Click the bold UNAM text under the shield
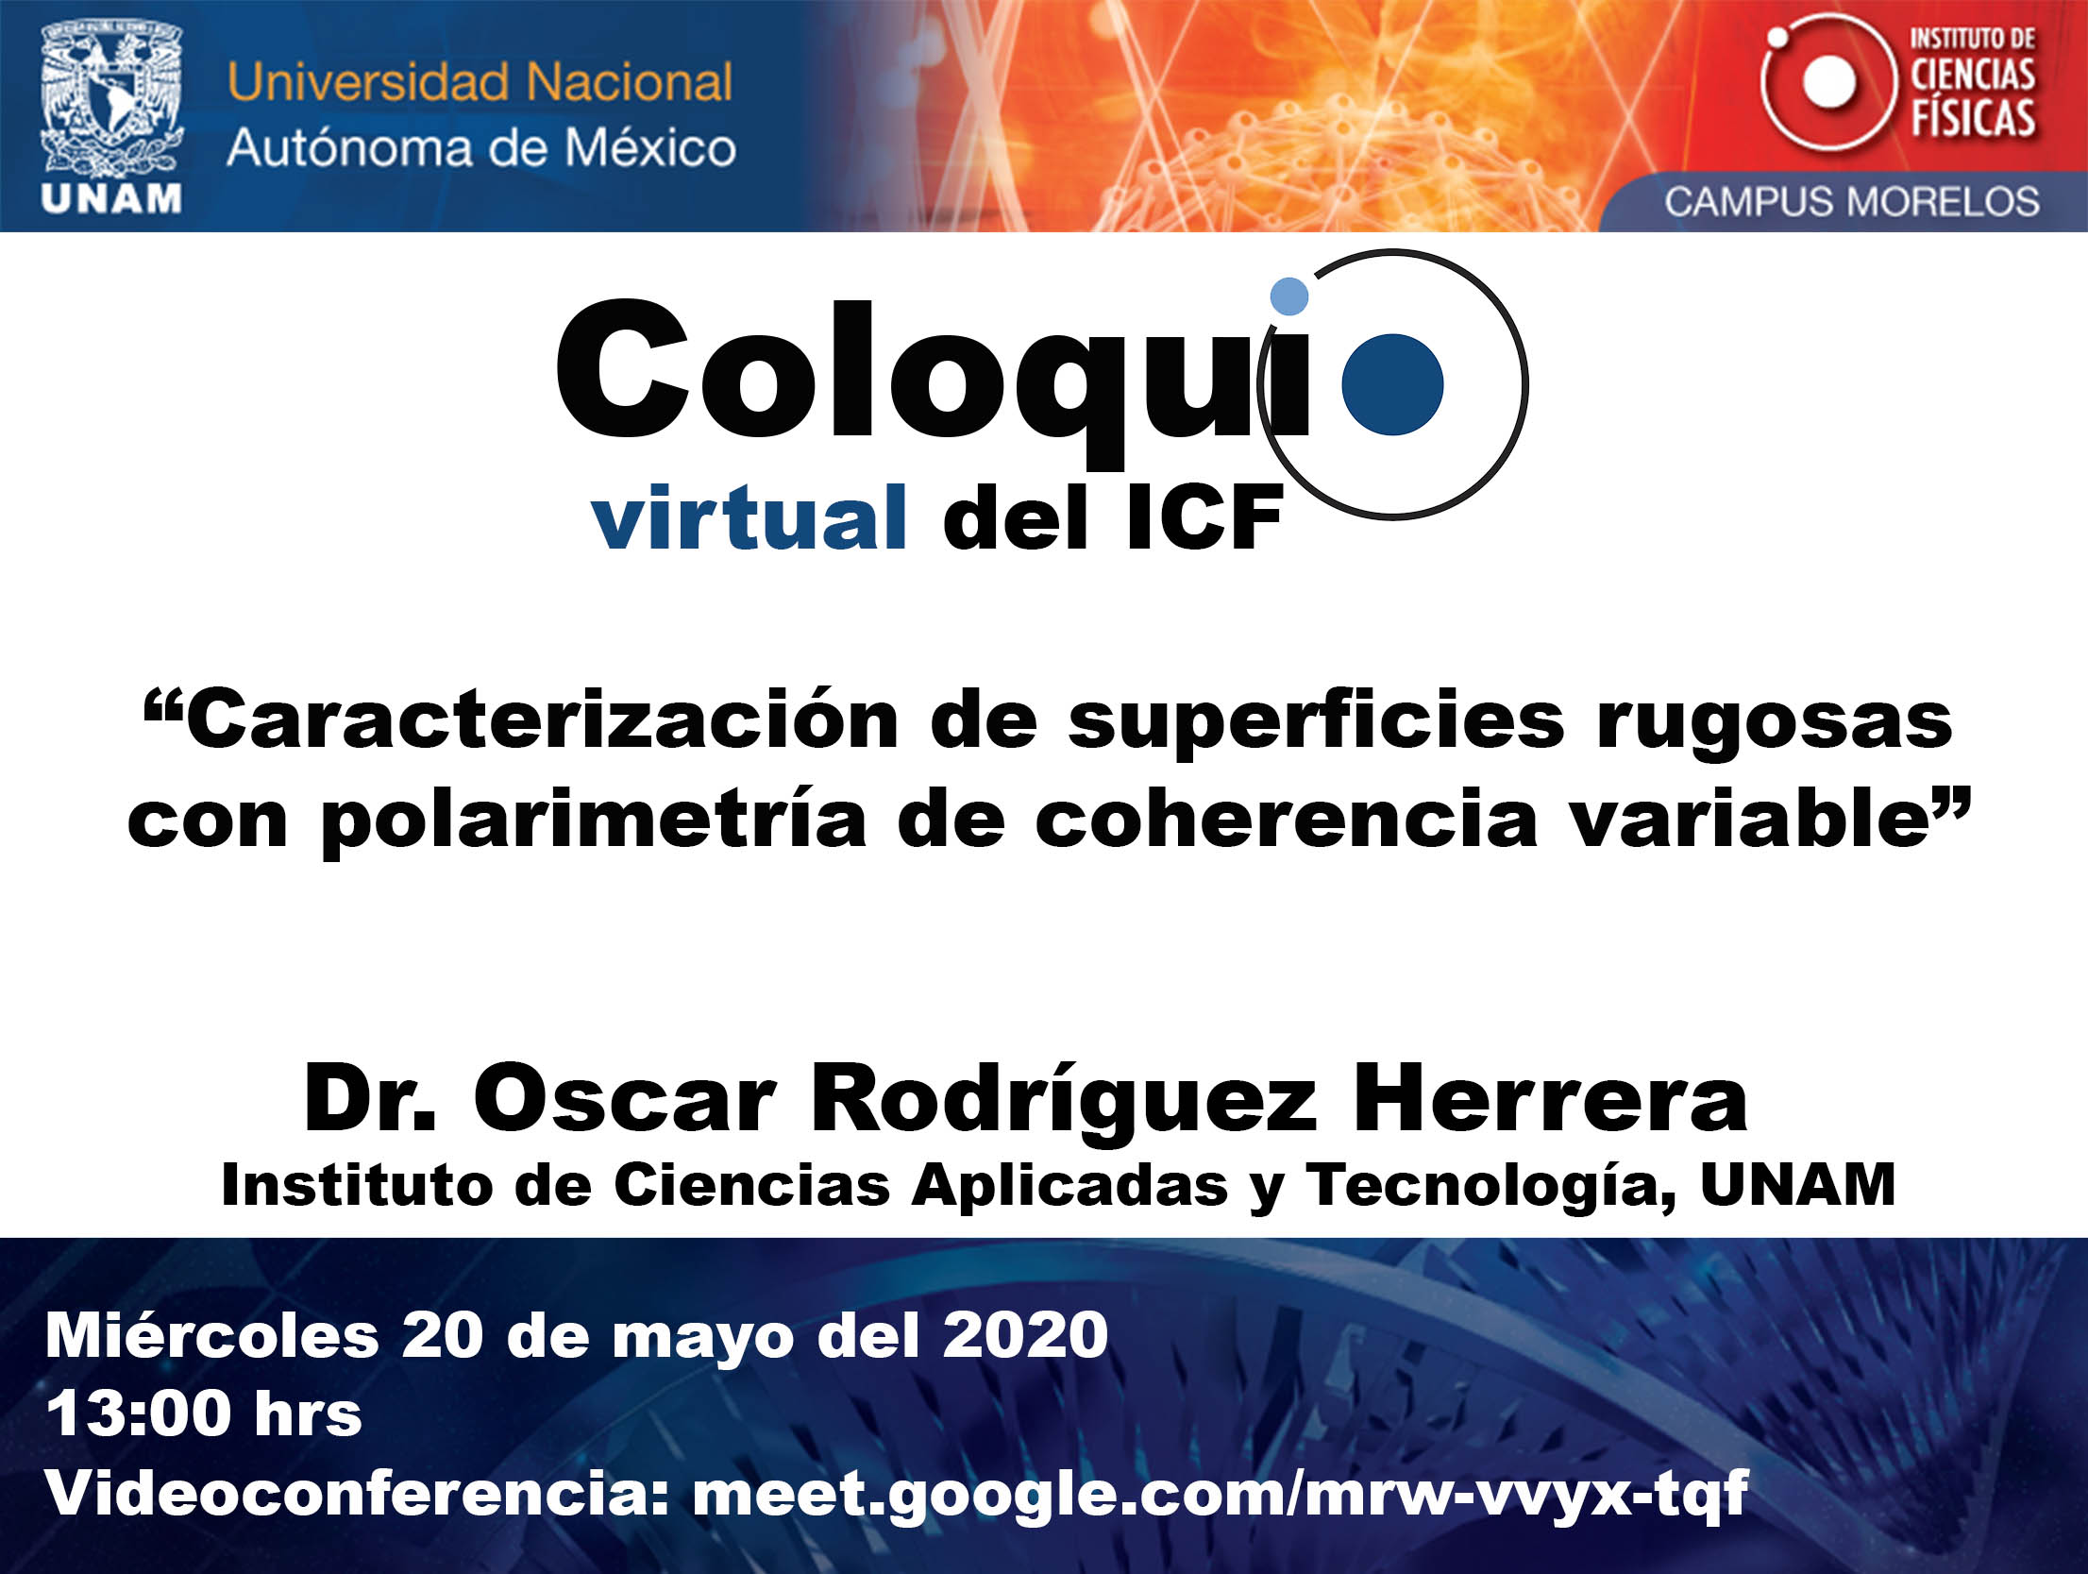(x=111, y=199)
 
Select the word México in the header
(x=650, y=148)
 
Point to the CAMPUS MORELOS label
(x=1852, y=202)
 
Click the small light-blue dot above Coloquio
(x=1289, y=296)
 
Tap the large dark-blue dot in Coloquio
(x=1392, y=384)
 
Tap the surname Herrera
(x=1551, y=1097)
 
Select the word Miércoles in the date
(x=212, y=1335)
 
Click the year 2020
(x=1025, y=1336)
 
